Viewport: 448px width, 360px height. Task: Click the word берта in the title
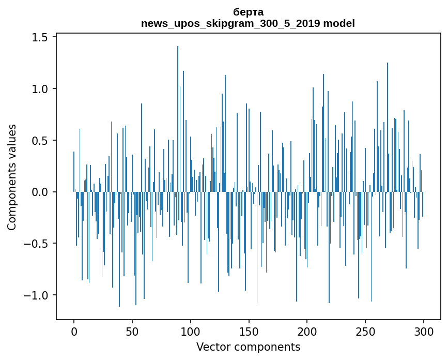[248, 12]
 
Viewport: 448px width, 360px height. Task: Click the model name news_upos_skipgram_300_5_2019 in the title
[230, 23]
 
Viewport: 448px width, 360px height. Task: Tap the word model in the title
[339, 23]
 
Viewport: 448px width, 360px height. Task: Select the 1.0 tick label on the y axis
[40, 89]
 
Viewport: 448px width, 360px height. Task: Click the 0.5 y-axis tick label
[40, 140]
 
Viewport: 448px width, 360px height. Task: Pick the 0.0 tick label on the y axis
[40, 192]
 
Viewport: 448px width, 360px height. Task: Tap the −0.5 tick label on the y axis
[36, 244]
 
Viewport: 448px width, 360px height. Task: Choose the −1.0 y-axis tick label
[36, 295]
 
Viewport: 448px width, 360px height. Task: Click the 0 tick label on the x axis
[74, 332]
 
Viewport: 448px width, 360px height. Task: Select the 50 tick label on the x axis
[132, 332]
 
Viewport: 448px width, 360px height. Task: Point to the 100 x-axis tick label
[190, 332]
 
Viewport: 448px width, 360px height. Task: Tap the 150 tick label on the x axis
[249, 332]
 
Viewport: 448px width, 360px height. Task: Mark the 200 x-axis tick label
[307, 332]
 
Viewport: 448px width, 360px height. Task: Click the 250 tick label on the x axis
[365, 332]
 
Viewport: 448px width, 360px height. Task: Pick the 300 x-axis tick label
[423, 332]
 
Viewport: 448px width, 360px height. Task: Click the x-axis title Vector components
[248, 347]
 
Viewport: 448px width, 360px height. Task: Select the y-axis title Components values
[12, 177]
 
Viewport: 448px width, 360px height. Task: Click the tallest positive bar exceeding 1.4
[178, 119]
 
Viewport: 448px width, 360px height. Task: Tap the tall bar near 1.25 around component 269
[388, 127]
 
